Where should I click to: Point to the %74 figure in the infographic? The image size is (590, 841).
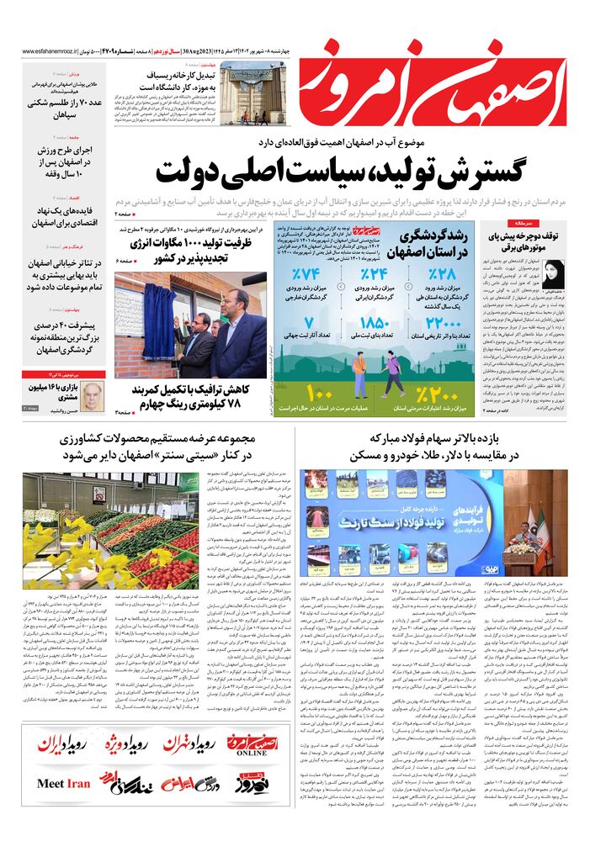pyautogui.click(x=307, y=275)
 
